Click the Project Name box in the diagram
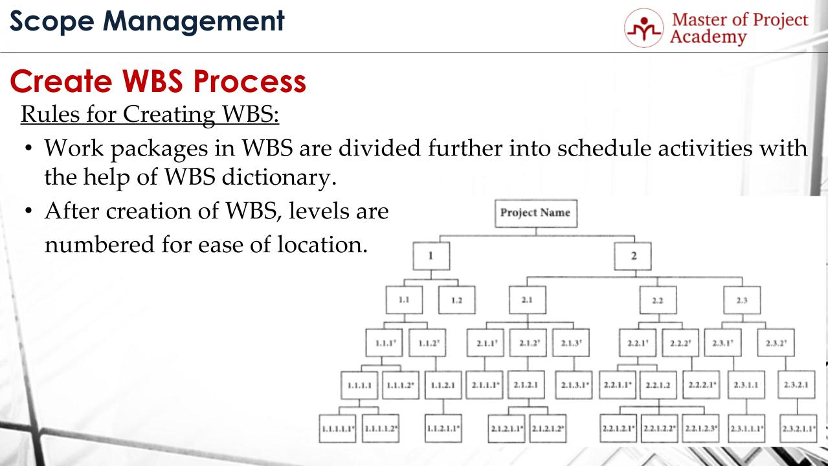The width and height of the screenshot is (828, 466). point(535,213)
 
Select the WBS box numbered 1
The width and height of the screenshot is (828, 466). point(431,255)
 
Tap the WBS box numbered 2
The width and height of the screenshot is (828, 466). point(633,255)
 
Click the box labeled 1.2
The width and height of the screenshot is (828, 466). point(456,300)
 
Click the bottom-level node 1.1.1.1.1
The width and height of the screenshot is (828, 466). point(337,428)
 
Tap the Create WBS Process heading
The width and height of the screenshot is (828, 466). point(158,82)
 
